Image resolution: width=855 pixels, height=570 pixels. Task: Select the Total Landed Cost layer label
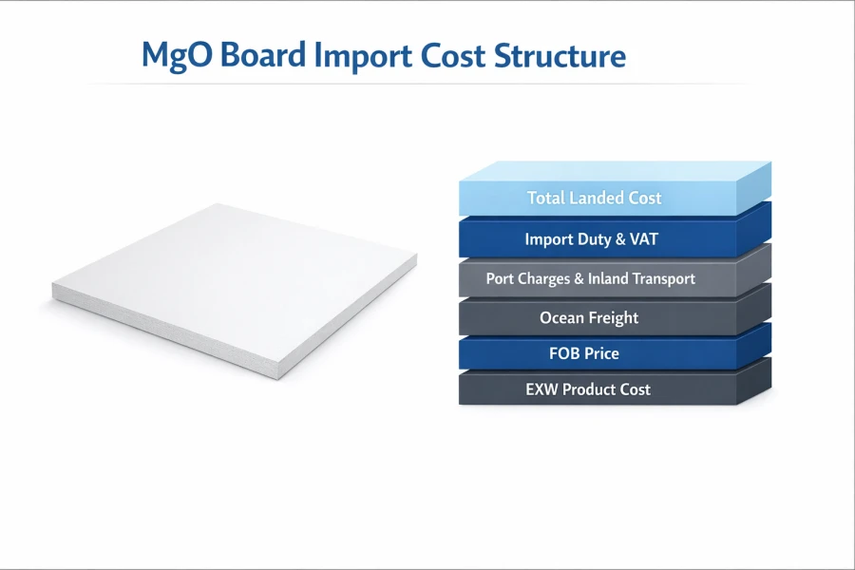595,199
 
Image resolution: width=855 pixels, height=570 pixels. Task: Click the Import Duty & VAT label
591,239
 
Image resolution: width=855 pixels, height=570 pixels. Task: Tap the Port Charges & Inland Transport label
591,279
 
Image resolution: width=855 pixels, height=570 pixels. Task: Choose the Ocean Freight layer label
589,318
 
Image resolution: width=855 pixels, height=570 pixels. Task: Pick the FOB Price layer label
583,353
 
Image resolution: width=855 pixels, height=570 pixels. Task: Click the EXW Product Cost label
588,389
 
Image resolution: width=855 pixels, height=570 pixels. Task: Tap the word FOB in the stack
564,353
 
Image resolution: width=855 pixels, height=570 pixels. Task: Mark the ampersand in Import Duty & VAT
618,239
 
